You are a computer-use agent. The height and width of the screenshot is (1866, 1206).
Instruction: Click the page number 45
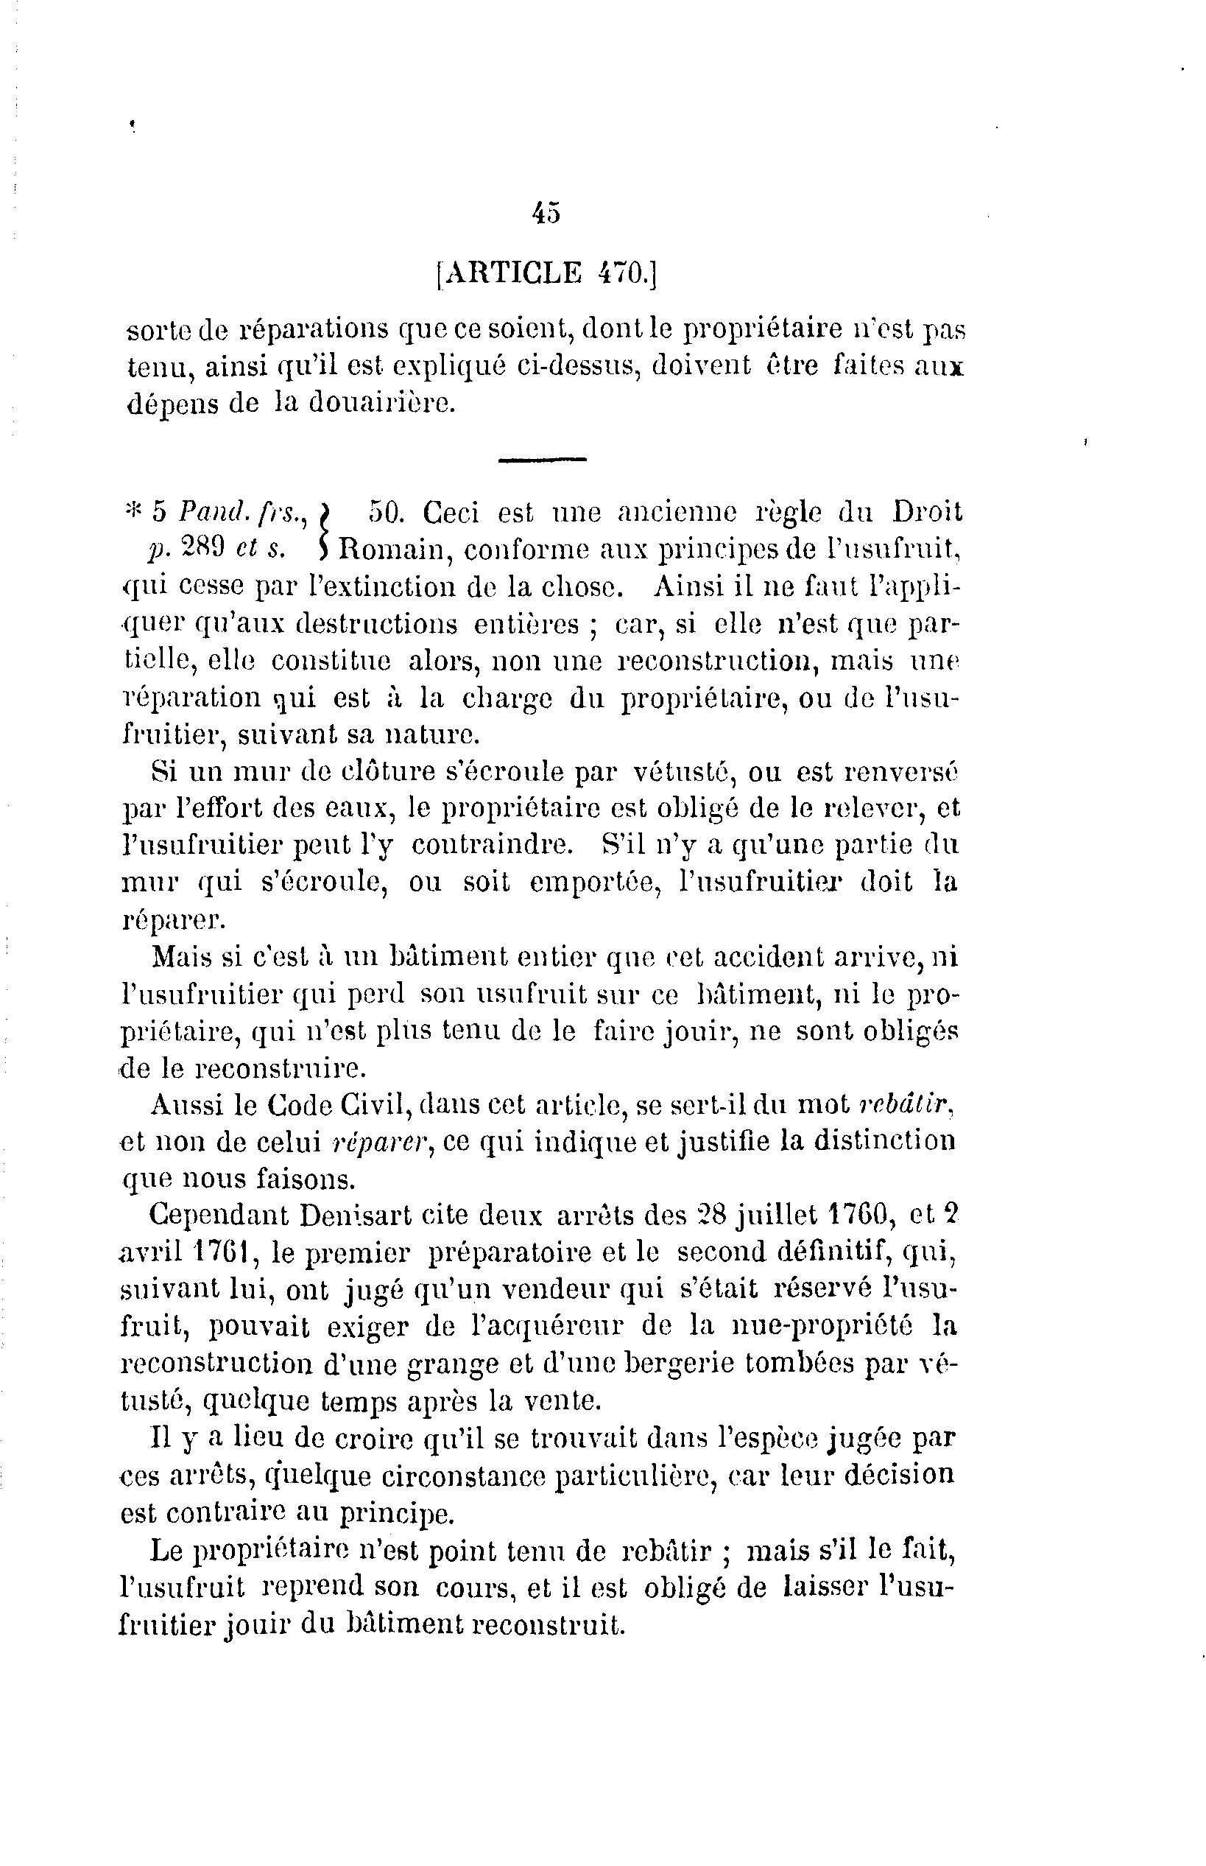(546, 213)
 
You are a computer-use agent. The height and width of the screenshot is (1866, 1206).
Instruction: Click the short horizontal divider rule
(542, 459)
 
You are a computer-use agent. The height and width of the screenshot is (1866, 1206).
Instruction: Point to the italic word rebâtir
(906, 1104)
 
